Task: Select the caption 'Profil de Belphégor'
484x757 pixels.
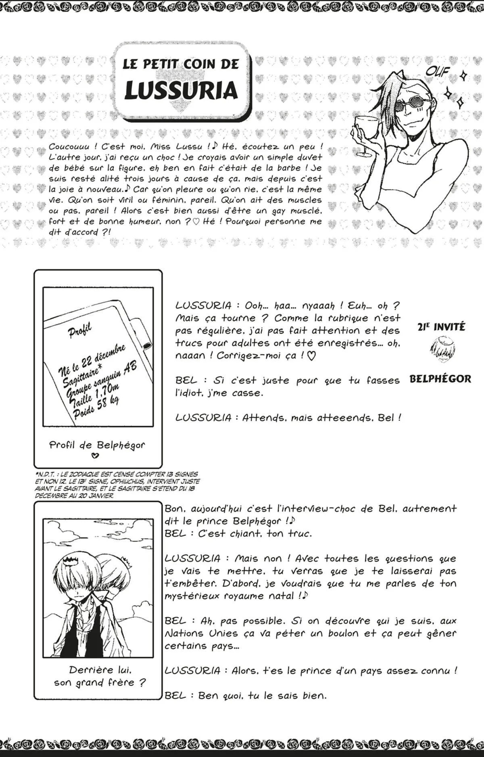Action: click(97, 445)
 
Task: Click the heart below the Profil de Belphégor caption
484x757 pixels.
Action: click(95, 456)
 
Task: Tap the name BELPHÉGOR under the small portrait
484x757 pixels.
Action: click(440, 379)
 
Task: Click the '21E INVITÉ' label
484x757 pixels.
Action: click(441, 327)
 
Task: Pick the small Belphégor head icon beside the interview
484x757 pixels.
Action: click(441, 350)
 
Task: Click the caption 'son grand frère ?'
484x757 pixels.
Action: click(100, 683)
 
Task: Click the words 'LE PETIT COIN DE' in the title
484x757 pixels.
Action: click(181, 64)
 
